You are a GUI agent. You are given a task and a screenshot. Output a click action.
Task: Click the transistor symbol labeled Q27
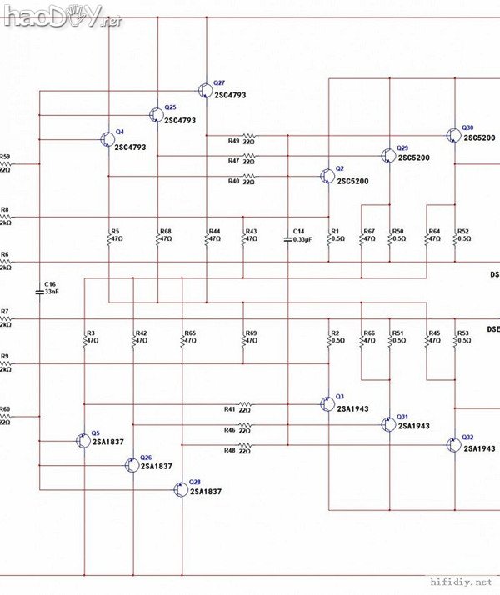204,90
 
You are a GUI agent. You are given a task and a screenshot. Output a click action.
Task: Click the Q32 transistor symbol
452,444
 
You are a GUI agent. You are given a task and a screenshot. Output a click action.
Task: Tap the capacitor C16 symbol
39,292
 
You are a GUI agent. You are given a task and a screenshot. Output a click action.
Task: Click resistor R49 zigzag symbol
248,135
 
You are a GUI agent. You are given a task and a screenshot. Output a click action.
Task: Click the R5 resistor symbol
109,238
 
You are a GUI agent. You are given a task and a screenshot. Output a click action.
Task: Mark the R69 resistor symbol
242,340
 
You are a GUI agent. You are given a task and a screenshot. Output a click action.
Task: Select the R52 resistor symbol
455,238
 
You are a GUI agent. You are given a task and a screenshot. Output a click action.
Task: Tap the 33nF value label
51,292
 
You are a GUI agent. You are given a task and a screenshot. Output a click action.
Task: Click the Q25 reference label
171,107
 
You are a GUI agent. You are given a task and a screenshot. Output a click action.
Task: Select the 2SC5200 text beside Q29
414,157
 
